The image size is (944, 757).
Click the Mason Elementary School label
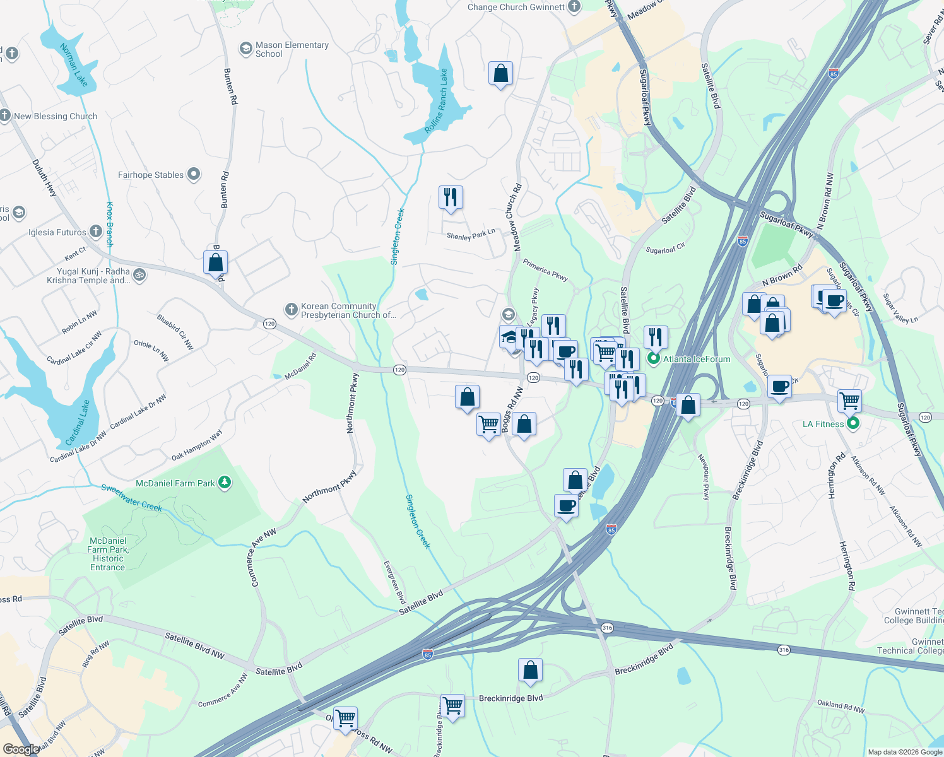(292, 49)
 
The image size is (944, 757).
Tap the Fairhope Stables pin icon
(194, 174)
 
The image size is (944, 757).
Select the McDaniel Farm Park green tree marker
(225, 483)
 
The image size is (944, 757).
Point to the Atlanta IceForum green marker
(654, 359)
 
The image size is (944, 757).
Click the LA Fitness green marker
(853, 424)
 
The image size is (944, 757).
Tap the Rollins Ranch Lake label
(435, 101)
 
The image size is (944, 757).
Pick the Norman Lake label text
(73, 64)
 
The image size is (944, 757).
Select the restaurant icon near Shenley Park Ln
(451, 197)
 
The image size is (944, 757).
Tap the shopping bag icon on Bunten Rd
(215, 262)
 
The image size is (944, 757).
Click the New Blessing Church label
(56, 116)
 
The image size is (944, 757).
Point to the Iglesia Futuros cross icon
(95, 232)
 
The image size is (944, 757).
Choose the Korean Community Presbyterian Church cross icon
(291, 309)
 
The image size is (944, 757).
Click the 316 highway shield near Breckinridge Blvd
(607, 628)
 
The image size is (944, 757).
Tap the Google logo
(21, 749)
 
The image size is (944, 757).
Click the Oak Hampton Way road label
(197, 445)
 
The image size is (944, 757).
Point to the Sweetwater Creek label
(132, 498)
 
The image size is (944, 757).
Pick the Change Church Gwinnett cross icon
(574, 7)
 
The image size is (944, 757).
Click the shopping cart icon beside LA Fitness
(849, 400)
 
